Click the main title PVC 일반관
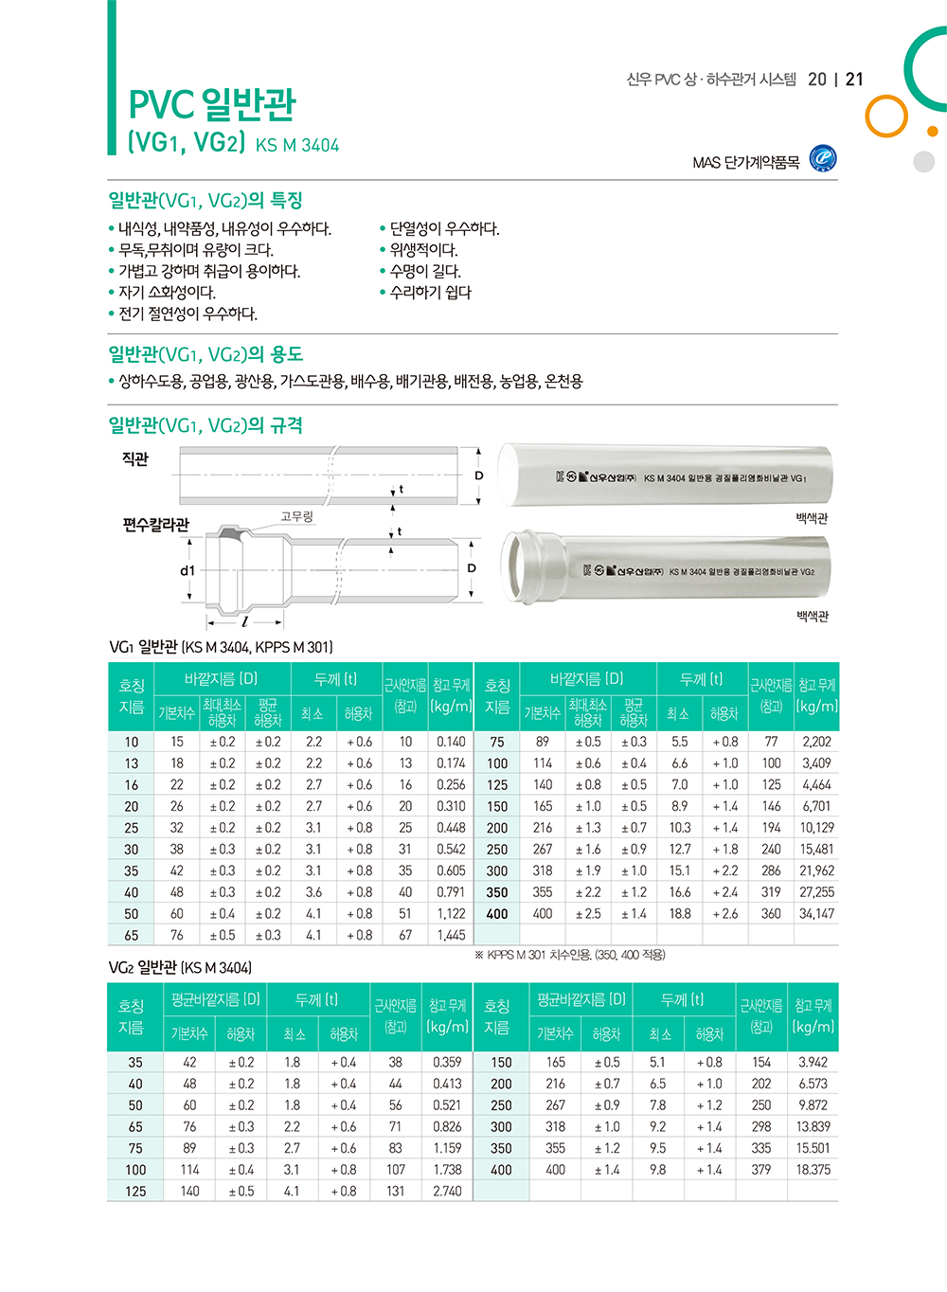point(212,103)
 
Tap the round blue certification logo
point(823,159)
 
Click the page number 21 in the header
point(854,80)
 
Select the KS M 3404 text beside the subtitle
point(297,146)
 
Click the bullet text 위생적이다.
point(423,250)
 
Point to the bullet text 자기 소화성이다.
point(167,293)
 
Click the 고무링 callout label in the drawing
point(296,516)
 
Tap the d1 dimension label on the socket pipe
point(188,570)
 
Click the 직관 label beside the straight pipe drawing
point(135,459)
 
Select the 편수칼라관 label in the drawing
point(155,525)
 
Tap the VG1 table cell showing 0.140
point(451,743)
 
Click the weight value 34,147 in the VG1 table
point(816,914)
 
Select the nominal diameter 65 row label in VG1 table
point(131,936)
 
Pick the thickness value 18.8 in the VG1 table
point(680,914)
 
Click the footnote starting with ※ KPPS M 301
point(569,955)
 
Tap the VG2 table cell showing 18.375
point(813,1170)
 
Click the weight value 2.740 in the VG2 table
point(447,1192)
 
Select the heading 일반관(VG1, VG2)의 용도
point(205,355)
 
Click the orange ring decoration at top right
point(886,116)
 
